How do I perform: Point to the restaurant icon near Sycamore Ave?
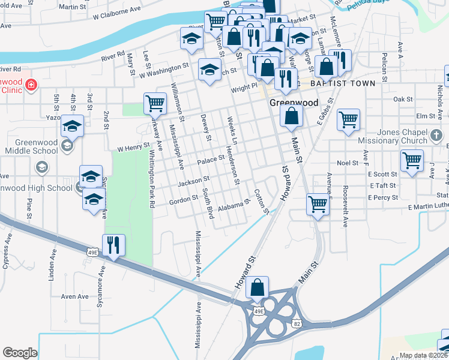pos(113,245)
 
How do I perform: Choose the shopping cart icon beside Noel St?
pos(412,161)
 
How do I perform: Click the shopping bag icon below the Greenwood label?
pos(291,117)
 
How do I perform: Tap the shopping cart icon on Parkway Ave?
pos(155,104)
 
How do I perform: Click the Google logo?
pos(20,353)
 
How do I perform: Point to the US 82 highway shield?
pos(296,324)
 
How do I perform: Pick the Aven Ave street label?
pos(74,296)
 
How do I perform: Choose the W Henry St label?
pos(133,146)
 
